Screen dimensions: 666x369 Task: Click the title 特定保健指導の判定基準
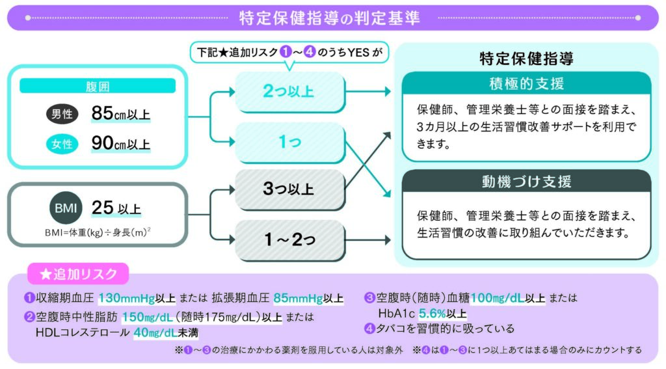[330, 18]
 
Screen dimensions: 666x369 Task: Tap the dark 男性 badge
[62, 114]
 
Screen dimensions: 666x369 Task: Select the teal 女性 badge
[62, 144]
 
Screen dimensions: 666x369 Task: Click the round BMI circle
[66, 208]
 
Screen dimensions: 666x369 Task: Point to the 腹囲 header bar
[98, 86]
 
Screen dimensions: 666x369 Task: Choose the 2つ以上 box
[290, 91]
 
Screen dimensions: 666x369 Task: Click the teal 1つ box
[290, 142]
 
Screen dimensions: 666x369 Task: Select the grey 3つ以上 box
[290, 189]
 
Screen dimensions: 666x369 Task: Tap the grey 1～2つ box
[290, 239]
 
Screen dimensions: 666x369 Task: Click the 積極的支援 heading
[527, 83]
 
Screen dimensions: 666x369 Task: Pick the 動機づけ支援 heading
[527, 182]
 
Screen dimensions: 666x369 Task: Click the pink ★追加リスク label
[78, 274]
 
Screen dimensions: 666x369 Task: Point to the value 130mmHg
[127, 298]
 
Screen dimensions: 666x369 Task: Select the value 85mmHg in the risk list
[298, 298]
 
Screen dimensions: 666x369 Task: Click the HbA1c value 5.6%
[433, 314]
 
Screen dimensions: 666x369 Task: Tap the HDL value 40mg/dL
[155, 333]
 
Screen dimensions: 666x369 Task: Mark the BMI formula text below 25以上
[98, 232]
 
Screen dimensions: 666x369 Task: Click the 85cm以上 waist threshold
[120, 113]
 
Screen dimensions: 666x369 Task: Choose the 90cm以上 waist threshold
[120, 143]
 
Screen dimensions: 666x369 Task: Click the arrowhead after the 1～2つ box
[388, 239]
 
